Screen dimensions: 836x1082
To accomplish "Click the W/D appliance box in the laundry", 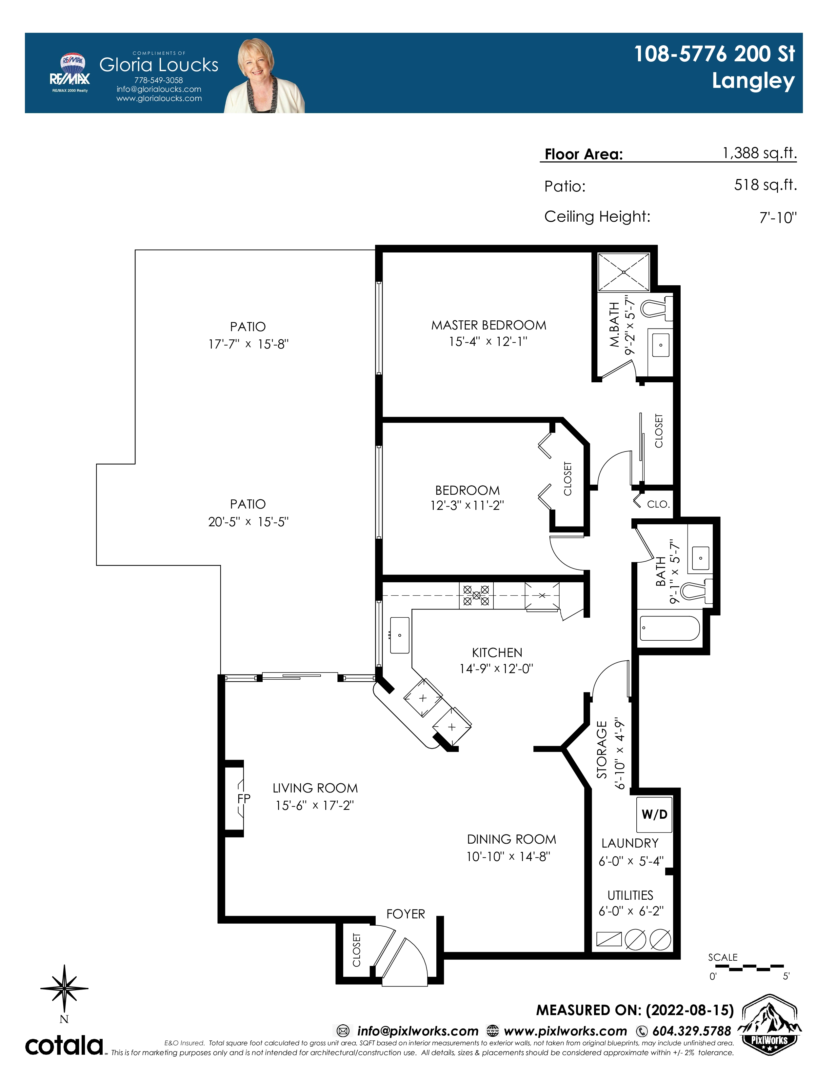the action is click(654, 814).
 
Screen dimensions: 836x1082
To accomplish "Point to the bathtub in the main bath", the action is click(669, 628).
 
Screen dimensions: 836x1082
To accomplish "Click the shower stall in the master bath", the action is click(624, 272).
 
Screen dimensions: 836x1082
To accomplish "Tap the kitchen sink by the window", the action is click(400, 635).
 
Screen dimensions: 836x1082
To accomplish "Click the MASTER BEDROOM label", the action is click(489, 325).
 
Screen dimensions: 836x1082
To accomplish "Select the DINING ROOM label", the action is click(512, 839).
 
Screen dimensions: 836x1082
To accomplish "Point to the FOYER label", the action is click(406, 914).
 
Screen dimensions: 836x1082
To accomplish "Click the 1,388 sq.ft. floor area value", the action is click(760, 153).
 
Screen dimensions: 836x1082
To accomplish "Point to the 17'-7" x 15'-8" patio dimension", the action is click(248, 344).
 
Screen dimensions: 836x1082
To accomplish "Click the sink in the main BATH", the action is click(700, 558).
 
